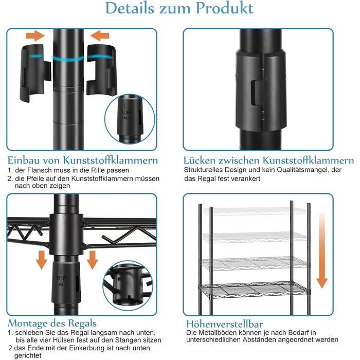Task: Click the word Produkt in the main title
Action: [x=225, y=8]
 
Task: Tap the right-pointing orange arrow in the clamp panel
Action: [x=35, y=35]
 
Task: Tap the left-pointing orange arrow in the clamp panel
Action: [x=100, y=35]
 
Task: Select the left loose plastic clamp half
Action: [x=35, y=73]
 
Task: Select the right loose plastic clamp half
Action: [x=102, y=70]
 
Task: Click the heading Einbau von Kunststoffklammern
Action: [x=83, y=160]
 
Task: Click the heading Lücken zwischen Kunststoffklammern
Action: [x=268, y=160]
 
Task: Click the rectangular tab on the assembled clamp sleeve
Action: [x=257, y=93]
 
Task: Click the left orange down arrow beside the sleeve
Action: [x=42, y=260]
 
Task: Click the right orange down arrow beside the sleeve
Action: [x=93, y=260]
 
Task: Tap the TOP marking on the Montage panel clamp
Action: [x=61, y=278]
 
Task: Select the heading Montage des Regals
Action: [x=52, y=323]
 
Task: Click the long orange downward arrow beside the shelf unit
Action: [x=322, y=251]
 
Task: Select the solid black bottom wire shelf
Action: [x=254, y=289]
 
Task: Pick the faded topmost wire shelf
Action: [x=254, y=211]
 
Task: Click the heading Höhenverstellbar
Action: [x=225, y=324]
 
